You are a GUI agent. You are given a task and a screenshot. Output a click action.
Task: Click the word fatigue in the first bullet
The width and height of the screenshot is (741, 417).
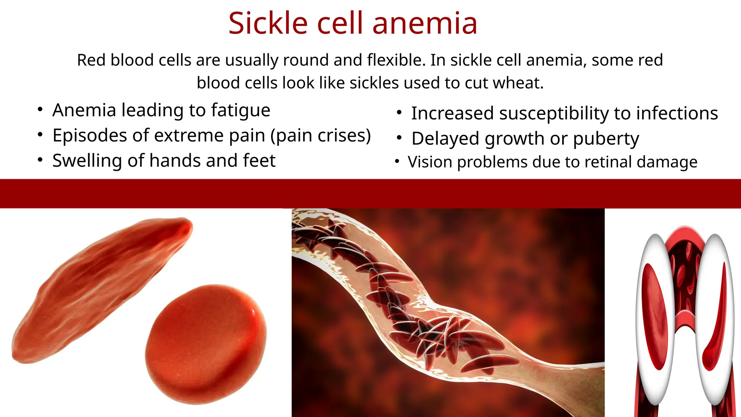pyautogui.click(x=241, y=110)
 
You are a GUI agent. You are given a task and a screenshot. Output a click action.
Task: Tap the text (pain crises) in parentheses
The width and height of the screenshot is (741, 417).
pyautogui.click(x=321, y=135)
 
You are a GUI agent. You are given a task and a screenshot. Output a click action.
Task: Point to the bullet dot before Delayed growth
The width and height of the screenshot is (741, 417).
pyautogui.click(x=399, y=138)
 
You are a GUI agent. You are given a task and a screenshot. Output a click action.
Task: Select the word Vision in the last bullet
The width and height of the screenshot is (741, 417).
pyautogui.click(x=430, y=162)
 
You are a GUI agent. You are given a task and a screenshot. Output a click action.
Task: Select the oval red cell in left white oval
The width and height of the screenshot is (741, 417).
pyautogui.click(x=655, y=315)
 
